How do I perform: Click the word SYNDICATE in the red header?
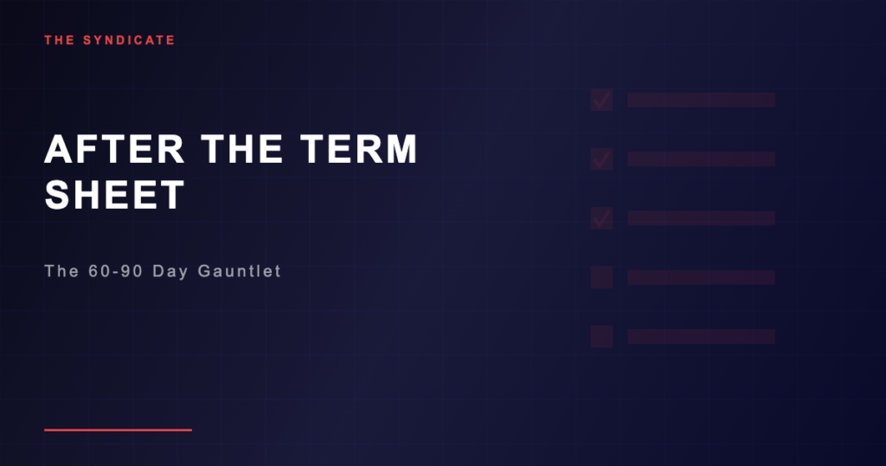(129, 40)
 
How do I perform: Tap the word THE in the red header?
(60, 40)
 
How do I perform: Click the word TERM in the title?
(359, 149)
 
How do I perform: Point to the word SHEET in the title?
(115, 195)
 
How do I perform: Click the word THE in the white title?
(242, 149)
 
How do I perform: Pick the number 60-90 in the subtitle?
(115, 271)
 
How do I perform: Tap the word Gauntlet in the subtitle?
(240, 271)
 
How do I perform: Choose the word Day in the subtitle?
(170, 272)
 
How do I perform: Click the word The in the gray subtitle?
(61, 271)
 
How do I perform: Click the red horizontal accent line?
(118, 430)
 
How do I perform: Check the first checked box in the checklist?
(602, 100)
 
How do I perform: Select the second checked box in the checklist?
(602, 159)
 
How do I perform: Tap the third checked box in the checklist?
(602, 218)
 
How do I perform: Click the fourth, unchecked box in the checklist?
(602, 277)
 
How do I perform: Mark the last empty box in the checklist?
(602, 336)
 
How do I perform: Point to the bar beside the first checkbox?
(701, 100)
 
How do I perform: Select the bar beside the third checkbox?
(701, 218)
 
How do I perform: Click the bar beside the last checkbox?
(701, 336)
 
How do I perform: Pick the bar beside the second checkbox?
(701, 159)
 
